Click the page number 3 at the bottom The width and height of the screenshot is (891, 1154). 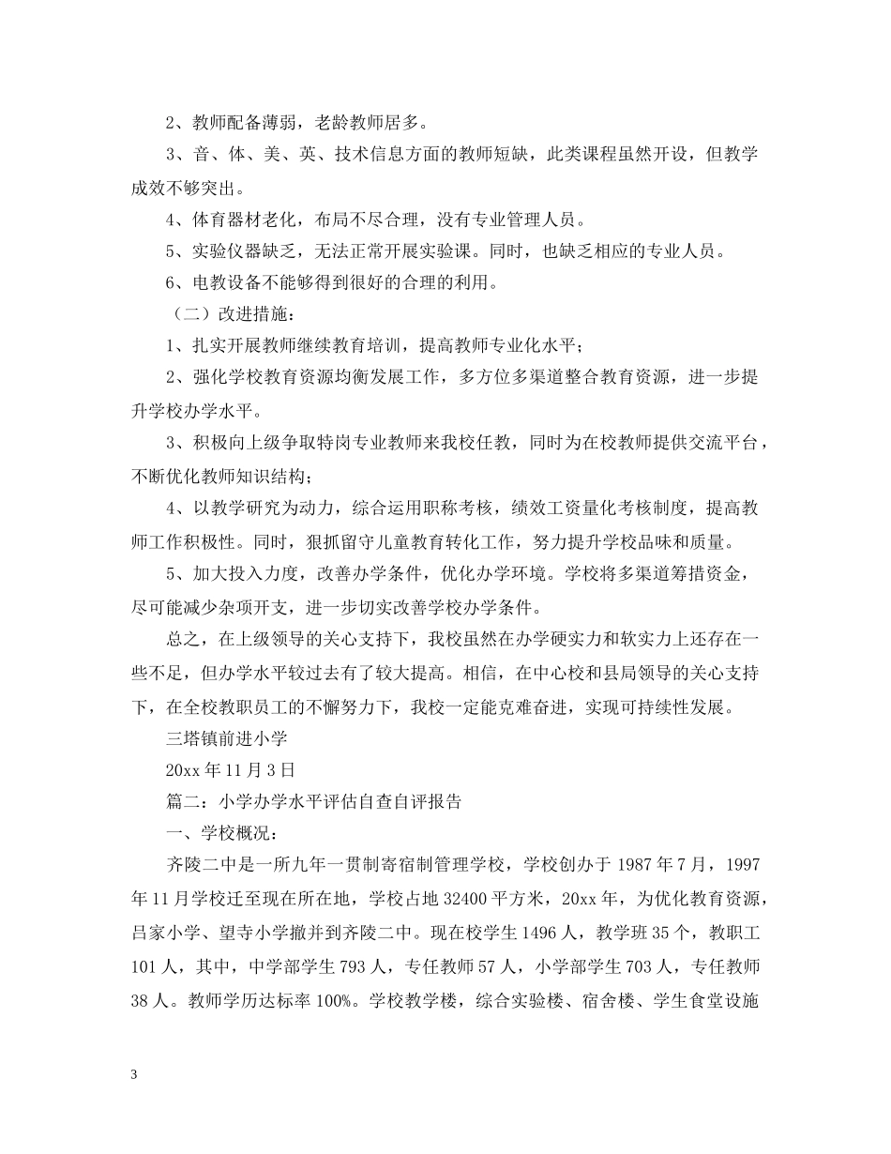coord(135,1075)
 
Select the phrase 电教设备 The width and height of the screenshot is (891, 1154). coord(224,281)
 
